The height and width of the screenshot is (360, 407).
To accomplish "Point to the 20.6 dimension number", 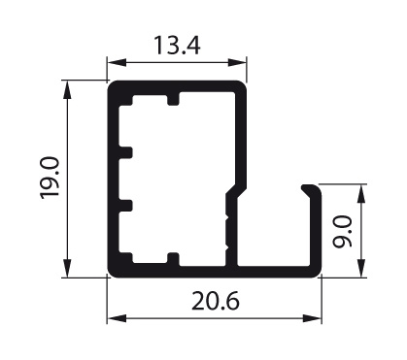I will (216, 301).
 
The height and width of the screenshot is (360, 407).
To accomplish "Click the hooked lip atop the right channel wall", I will (310, 185).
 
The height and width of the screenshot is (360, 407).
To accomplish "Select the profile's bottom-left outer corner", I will (111, 273).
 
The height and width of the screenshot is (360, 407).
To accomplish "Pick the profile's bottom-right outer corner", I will (319, 273).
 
